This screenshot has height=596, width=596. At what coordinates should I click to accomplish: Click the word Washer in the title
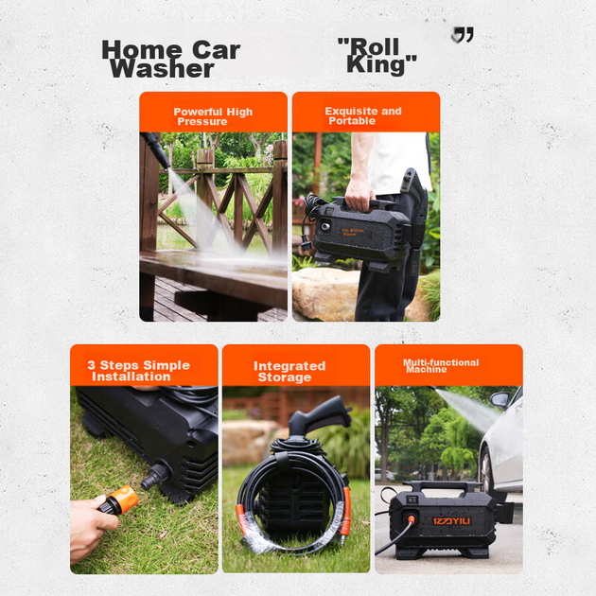tap(162, 69)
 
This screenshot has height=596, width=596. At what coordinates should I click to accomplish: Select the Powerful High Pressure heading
tap(213, 116)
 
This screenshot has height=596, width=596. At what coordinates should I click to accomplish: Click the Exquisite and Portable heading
tap(363, 115)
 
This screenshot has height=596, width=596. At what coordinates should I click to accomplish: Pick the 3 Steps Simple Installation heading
tap(138, 371)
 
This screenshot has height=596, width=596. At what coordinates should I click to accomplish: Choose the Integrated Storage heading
tap(289, 372)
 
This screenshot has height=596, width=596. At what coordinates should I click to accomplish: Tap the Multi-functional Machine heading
tap(441, 366)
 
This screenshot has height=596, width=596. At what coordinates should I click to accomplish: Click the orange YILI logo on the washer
tap(451, 520)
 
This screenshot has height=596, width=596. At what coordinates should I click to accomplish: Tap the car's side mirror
tap(500, 399)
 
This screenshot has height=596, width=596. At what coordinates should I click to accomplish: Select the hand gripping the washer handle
tap(359, 195)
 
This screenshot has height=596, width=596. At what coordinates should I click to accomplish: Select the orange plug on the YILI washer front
tap(411, 519)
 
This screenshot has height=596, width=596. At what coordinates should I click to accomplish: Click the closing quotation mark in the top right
tap(463, 35)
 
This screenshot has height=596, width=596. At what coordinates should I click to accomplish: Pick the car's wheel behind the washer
tap(486, 467)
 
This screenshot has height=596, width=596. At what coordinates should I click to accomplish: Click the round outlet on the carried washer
tap(325, 227)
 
